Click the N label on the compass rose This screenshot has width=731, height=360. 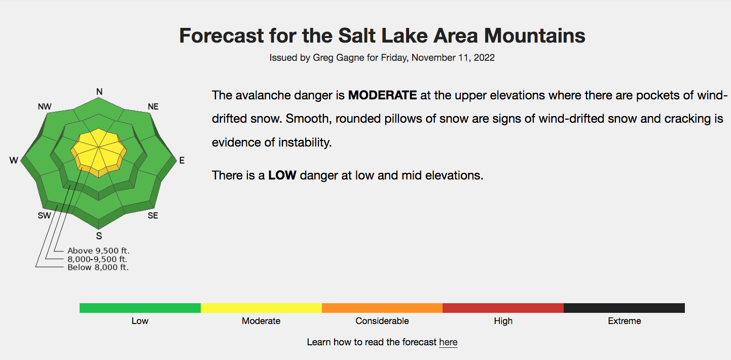(99, 92)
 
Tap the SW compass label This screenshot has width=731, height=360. (45, 215)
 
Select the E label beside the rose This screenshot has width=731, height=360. (182, 160)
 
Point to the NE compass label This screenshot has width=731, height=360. (153, 106)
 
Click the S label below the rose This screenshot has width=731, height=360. (99, 236)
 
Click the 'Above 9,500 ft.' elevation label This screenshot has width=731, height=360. (98, 250)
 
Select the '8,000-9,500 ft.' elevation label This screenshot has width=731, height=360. (97, 259)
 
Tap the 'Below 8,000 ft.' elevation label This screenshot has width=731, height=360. (98, 267)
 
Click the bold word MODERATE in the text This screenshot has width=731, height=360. (382, 95)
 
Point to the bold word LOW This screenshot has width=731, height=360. (282, 175)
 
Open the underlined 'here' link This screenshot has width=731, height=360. (448, 342)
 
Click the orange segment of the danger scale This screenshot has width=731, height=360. (382, 308)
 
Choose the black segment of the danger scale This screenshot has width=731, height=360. (624, 308)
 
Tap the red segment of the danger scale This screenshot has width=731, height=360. (503, 308)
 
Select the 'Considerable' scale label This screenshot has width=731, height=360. (382, 321)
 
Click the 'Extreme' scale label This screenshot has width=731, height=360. (624, 321)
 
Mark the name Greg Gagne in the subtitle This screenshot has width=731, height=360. (339, 58)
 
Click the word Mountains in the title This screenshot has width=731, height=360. (534, 35)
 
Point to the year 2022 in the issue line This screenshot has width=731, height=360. (484, 58)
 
